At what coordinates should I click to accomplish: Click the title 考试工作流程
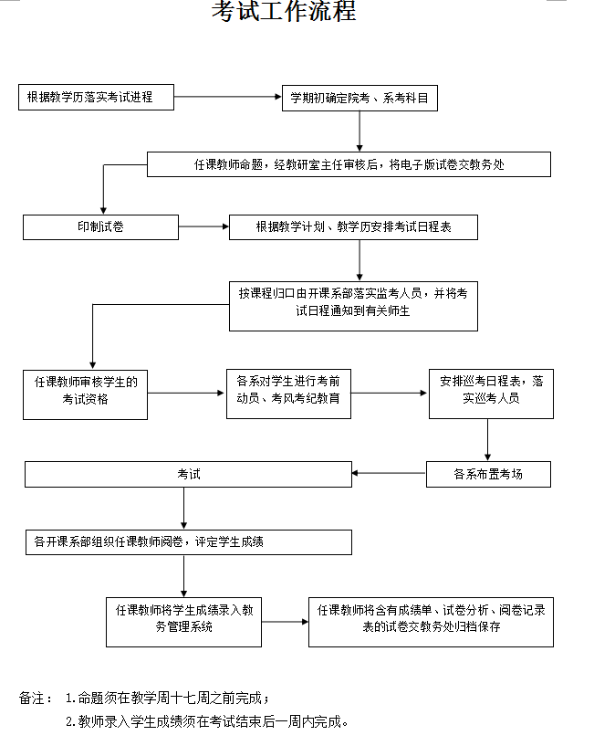pos(284,12)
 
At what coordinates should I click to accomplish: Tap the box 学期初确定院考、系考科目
pos(360,98)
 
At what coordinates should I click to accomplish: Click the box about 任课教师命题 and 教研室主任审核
pos(349,164)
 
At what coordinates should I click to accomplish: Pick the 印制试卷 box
pos(100,226)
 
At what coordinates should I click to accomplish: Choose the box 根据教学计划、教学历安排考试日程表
pos(353,226)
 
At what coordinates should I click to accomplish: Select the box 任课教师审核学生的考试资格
pos(85,394)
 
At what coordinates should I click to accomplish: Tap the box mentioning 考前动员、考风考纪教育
pos(288,393)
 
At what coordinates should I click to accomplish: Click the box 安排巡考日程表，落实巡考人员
pos(491,393)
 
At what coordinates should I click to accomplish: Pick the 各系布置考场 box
pos(488,474)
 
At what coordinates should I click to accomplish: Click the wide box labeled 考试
pos(188,474)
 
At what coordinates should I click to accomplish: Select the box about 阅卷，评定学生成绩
pos(188,541)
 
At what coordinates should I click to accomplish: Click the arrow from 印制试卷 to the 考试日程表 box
pos(203,226)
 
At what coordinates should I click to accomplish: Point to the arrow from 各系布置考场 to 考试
pos(389,474)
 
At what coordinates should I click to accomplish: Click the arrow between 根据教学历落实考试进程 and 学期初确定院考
pos(226,97)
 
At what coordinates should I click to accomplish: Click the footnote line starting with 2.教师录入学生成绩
pos(207,721)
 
